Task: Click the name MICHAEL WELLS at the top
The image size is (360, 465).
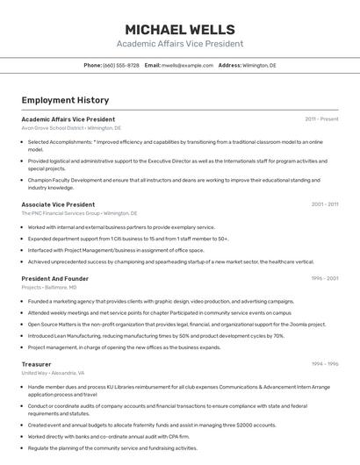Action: pyautogui.click(x=179, y=30)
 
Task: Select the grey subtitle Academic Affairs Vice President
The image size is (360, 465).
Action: pyautogui.click(x=179, y=44)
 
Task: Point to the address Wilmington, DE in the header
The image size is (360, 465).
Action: pyautogui.click(x=259, y=65)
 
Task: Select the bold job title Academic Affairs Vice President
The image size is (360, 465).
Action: pyautogui.click(x=68, y=118)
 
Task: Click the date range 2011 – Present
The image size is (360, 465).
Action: pyautogui.click(x=321, y=118)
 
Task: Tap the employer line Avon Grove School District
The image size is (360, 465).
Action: pyautogui.click(x=71, y=128)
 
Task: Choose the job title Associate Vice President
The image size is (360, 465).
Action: pyautogui.click(x=58, y=204)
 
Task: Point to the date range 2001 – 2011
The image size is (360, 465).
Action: pyautogui.click(x=325, y=204)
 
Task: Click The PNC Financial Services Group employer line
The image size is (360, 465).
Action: pyautogui.click(x=79, y=213)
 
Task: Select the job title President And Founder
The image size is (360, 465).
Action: pyautogui.click(x=54, y=278)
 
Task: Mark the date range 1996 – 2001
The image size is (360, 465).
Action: pyautogui.click(x=325, y=278)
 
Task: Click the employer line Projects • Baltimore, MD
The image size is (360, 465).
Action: pyautogui.click(x=48, y=288)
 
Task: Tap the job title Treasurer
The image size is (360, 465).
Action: pyautogui.click(x=36, y=363)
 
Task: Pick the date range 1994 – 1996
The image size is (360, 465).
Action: pyautogui.click(x=325, y=363)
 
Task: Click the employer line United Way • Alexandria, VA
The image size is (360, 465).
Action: pyautogui.click(x=53, y=373)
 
